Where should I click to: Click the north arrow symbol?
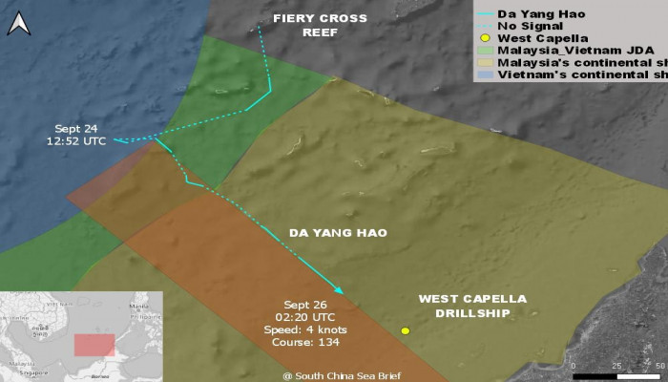(18, 23)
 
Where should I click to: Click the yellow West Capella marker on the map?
(406, 330)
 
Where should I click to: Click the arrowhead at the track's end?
(339, 289)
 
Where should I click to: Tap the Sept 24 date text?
(77, 128)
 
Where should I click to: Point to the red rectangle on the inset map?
(94, 344)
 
